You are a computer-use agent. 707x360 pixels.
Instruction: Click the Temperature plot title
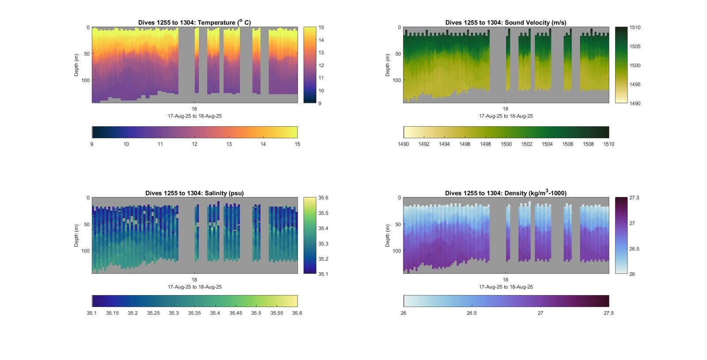tap(194, 23)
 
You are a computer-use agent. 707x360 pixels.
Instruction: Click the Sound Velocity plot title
tap(506, 23)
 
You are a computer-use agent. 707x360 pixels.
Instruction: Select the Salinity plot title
tap(194, 193)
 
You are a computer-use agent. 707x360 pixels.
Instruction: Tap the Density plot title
tap(506, 193)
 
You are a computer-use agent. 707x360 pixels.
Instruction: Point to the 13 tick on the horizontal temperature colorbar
tap(229, 144)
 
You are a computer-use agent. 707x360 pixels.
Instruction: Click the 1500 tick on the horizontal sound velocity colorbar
tap(506, 144)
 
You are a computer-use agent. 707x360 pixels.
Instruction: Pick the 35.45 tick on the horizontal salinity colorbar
tap(236, 313)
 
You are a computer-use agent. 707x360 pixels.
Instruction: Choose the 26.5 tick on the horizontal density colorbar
tap(472, 313)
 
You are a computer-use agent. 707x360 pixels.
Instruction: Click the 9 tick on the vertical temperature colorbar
tap(320, 103)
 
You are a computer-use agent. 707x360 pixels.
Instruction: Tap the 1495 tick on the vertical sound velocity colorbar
tap(635, 84)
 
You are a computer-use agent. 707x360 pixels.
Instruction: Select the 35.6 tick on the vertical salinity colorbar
tap(323, 198)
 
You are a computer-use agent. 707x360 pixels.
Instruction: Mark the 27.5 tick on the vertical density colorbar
tap(634, 198)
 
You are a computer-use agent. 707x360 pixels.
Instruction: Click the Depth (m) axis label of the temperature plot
tap(76, 65)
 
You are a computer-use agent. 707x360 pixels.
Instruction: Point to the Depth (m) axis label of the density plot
tap(388, 235)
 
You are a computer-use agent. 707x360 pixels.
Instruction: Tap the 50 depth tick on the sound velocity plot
tap(398, 54)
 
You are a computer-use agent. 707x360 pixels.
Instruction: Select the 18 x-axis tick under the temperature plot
tap(194, 109)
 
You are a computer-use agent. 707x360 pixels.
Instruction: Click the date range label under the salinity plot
tap(194, 287)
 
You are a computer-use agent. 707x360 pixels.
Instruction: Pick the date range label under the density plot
tap(506, 287)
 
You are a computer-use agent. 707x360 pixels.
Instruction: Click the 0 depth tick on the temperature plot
tap(88, 27)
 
